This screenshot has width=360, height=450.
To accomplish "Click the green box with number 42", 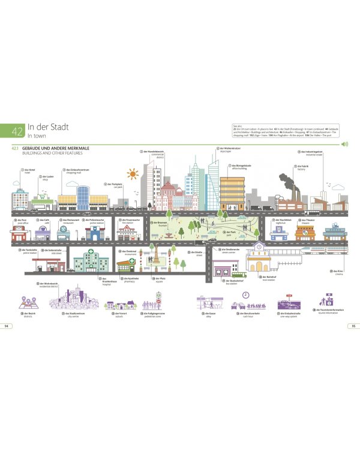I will pyautogui.click(x=16, y=131).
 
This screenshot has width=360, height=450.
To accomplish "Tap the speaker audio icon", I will pyautogui.click(x=344, y=145).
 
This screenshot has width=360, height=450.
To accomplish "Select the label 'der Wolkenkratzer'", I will pyautogui.click(x=229, y=148).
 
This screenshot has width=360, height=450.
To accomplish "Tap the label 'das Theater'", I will pyautogui.click(x=307, y=220).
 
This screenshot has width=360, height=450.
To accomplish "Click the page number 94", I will pyautogui.click(x=7, y=326).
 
